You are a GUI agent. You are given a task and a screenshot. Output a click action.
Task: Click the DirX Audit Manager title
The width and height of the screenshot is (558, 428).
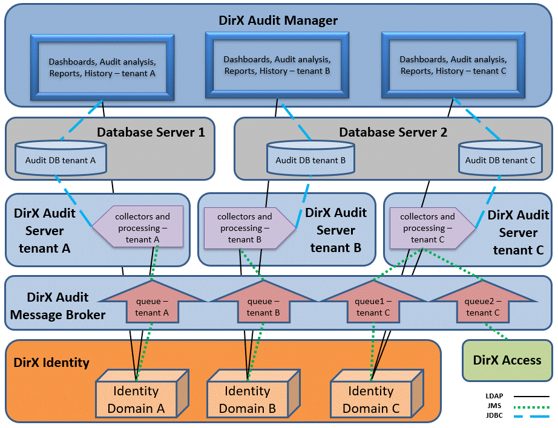278,21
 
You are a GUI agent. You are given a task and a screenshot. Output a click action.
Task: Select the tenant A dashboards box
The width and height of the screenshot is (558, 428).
102,67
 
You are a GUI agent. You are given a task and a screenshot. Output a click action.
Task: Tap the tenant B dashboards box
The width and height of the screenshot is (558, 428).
277,65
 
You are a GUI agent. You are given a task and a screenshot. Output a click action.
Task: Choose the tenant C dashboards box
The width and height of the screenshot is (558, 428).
453,65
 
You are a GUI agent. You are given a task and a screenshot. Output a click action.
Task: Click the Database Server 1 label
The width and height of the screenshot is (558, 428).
151,132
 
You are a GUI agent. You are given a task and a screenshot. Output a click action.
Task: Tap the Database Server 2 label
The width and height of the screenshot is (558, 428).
393,132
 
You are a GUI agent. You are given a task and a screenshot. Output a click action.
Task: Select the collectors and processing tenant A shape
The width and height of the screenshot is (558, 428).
140,228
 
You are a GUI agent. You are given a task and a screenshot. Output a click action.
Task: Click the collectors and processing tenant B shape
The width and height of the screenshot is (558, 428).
246,228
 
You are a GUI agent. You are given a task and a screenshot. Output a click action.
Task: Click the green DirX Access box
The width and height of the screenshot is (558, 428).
507,360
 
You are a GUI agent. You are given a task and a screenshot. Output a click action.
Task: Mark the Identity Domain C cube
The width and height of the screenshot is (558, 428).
371,400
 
